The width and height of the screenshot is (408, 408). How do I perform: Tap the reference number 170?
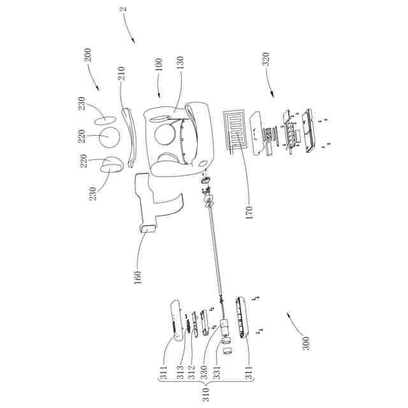pos(249,211)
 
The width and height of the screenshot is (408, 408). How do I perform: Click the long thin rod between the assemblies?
pos(215,255)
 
